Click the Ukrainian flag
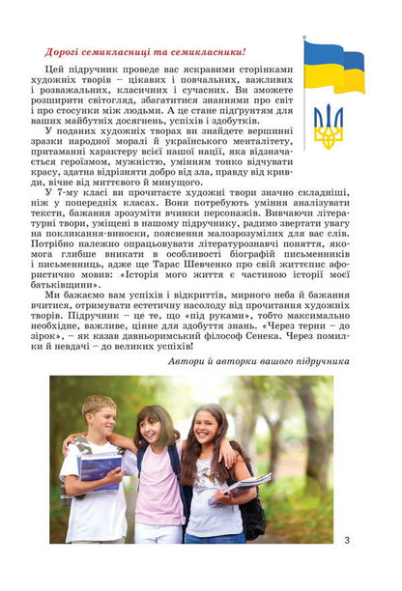point(334,67)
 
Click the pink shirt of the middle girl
point(159,492)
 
